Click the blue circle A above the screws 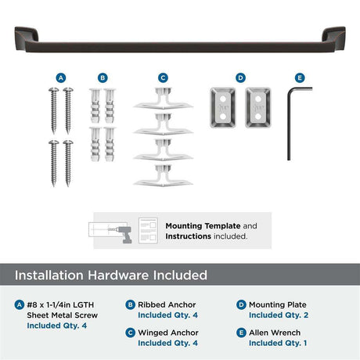(x=61, y=77)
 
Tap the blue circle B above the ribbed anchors (x=103, y=77)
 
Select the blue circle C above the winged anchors (x=163, y=77)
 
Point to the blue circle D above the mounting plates (x=240, y=77)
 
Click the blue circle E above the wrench (x=300, y=77)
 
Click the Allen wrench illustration (x=289, y=123)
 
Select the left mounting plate (x=223, y=107)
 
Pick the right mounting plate (x=258, y=107)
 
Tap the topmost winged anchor (x=163, y=99)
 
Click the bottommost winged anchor (x=163, y=176)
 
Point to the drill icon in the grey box (x=124, y=233)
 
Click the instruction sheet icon (x=148, y=231)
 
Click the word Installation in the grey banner (x=49, y=275)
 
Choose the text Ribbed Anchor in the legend (x=167, y=304)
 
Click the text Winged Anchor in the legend (x=168, y=333)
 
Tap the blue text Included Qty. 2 (x=279, y=315)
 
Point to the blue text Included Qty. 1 (x=278, y=343)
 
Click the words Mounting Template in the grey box (x=203, y=225)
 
